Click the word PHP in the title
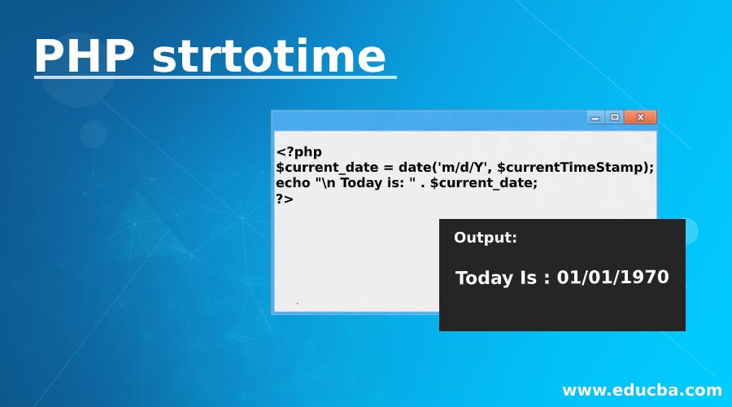[84, 56]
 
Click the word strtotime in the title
[268, 56]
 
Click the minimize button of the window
[595, 118]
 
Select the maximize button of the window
[615, 118]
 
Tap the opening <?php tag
[299, 151]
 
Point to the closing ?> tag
[285, 198]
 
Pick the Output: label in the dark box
[486, 238]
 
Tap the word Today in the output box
[485, 278]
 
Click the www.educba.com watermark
[642, 390]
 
